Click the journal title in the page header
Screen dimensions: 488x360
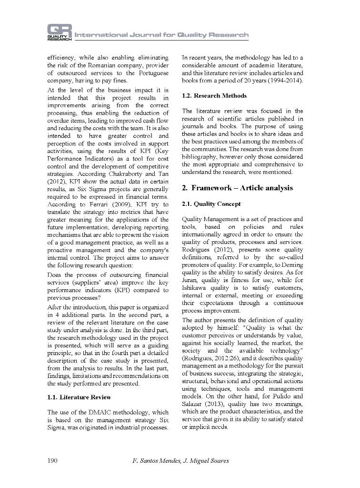click(x=161, y=35)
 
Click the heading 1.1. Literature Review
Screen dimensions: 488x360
click(x=79, y=397)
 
